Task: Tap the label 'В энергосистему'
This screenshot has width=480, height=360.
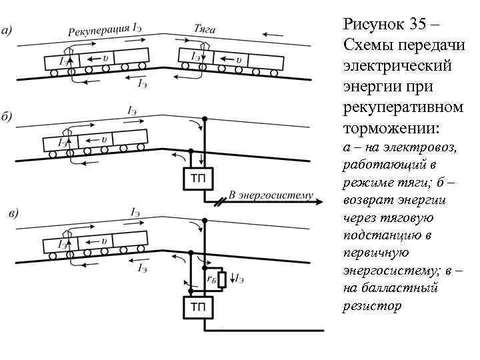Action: coord(270,195)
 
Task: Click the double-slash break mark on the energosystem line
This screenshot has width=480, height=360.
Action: coord(218,201)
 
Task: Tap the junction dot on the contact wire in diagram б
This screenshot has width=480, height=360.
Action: coord(205,118)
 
